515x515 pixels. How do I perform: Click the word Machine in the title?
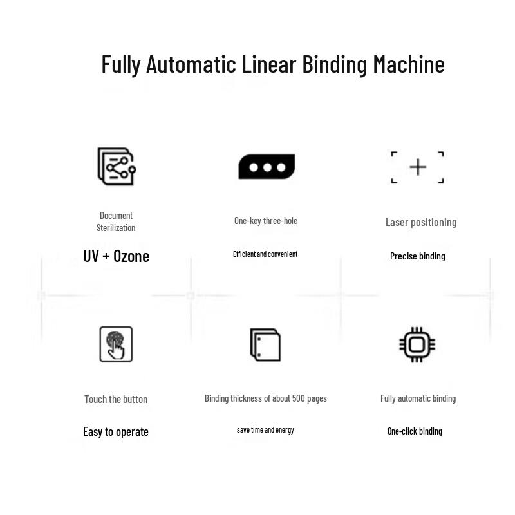[x=409, y=64]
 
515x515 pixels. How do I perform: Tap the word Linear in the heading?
[x=268, y=64]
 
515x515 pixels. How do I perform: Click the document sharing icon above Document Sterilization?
[x=117, y=166]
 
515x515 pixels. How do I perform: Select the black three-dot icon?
[x=267, y=167]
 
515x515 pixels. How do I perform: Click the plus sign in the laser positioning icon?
[x=418, y=167]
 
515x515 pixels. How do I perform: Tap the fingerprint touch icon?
[x=116, y=344]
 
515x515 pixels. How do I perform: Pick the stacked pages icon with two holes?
[x=265, y=344]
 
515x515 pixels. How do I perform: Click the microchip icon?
[x=417, y=344]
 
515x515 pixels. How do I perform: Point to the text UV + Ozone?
[x=117, y=256]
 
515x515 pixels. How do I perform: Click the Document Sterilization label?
[x=116, y=221]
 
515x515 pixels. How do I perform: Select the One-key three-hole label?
[x=266, y=221]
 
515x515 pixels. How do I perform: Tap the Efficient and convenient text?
[x=265, y=254]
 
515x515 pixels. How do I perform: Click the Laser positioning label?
[x=421, y=222]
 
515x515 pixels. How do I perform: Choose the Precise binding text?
[x=417, y=256]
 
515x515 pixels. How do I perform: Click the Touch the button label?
[x=116, y=399]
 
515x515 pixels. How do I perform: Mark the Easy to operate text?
[x=116, y=431]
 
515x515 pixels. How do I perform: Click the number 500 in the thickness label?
[x=299, y=398]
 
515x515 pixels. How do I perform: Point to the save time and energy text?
[x=265, y=430]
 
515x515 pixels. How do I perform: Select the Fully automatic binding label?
[x=418, y=398]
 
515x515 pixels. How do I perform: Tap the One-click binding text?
[x=415, y=431]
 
